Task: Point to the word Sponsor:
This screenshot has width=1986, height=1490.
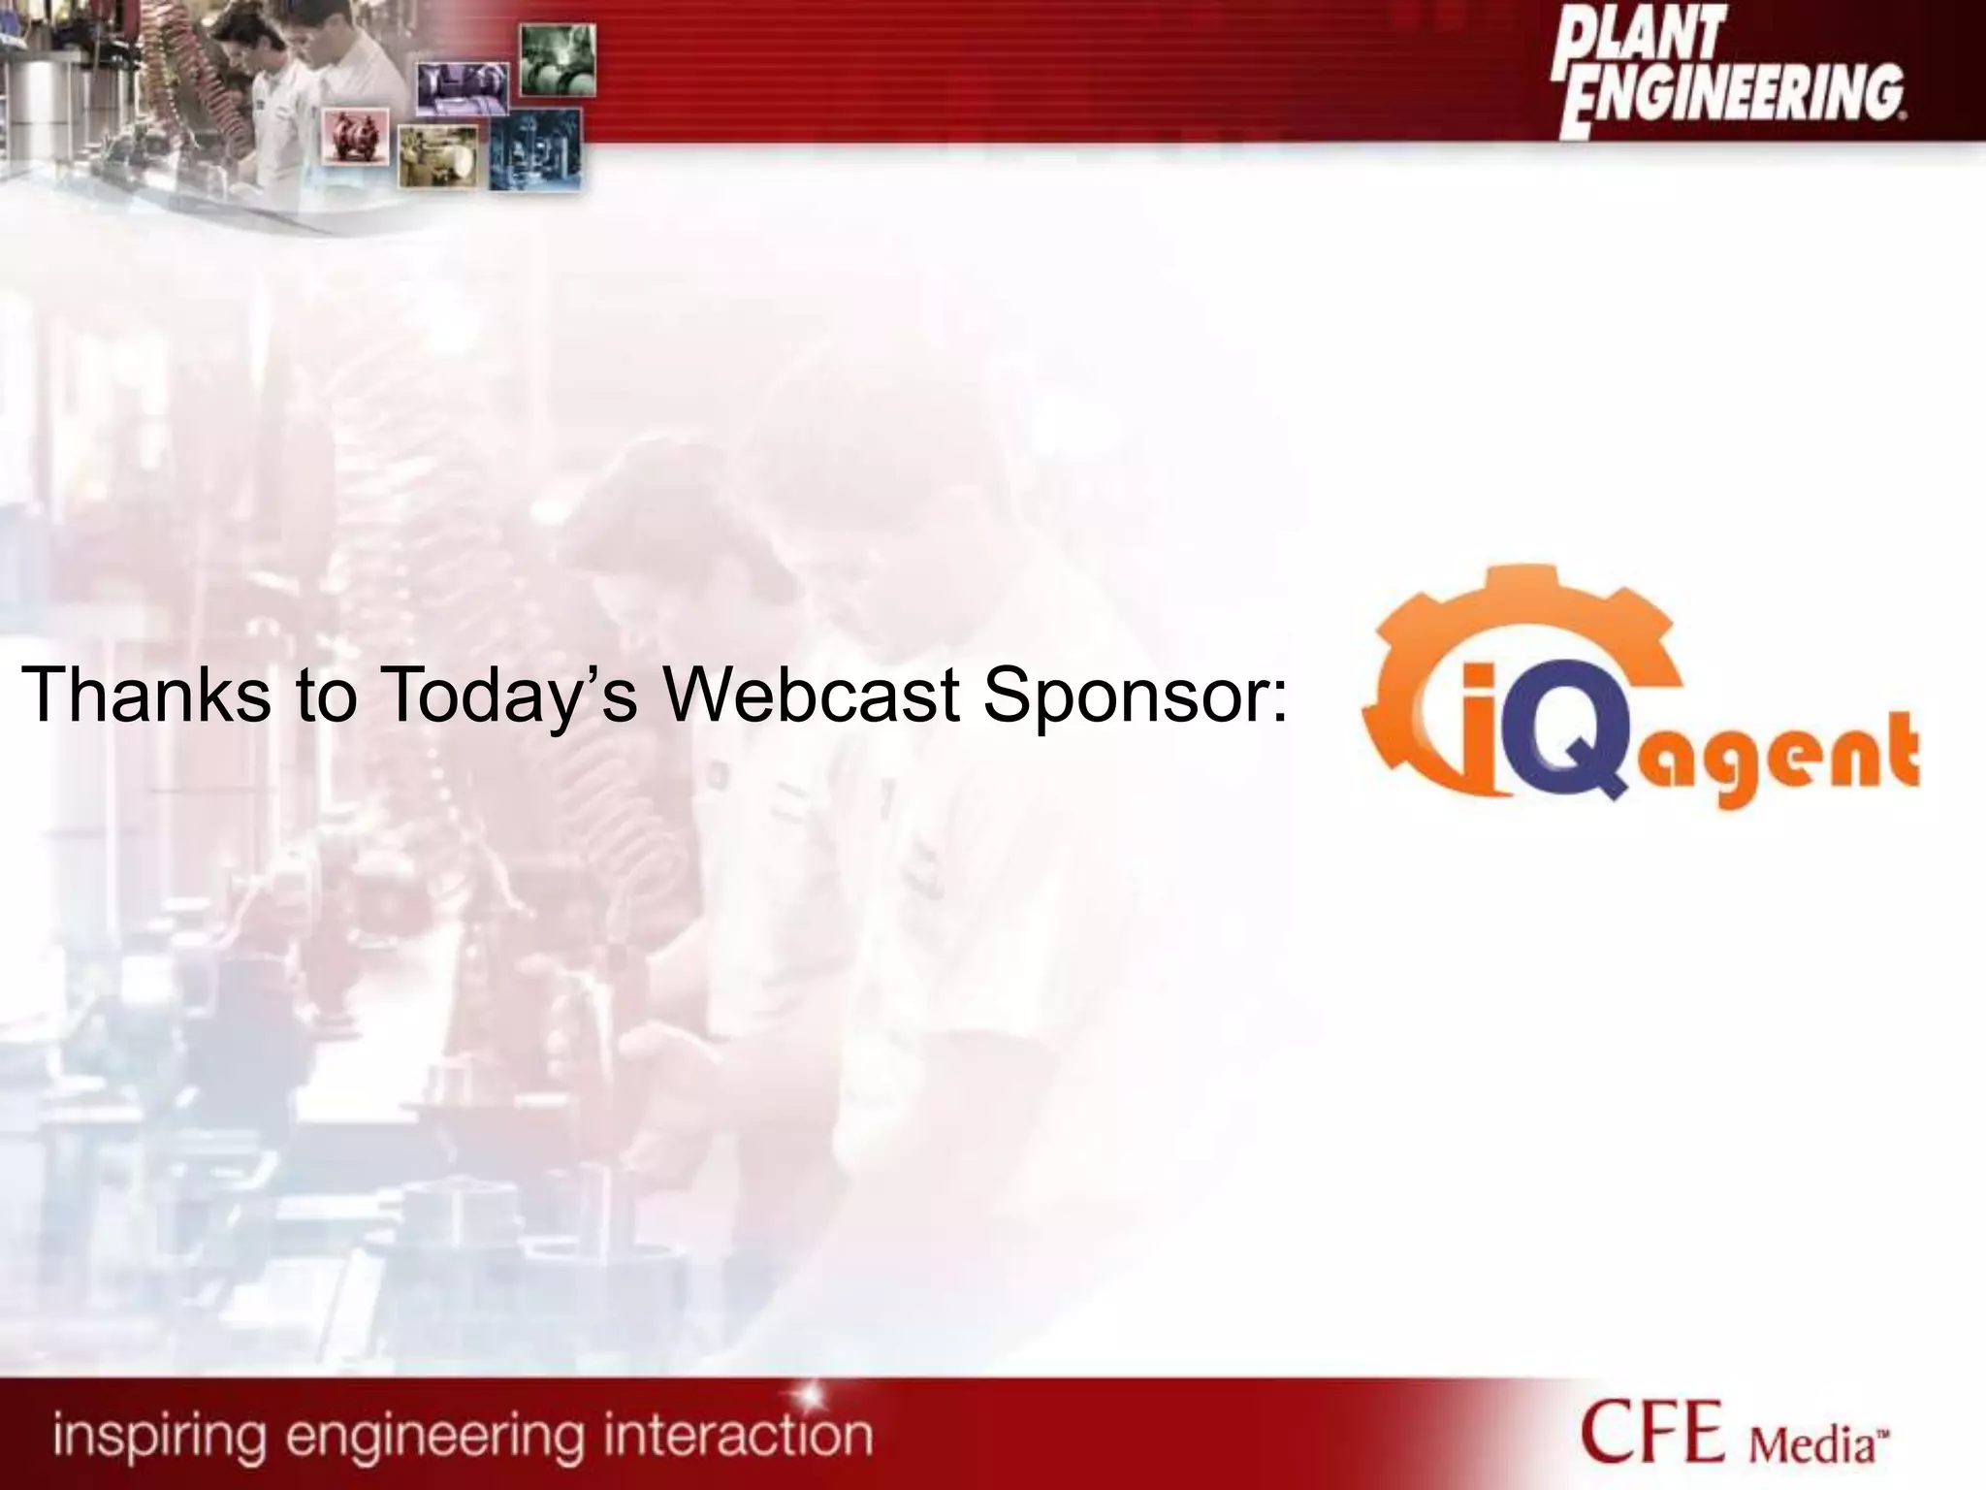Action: [x=1135, y=696]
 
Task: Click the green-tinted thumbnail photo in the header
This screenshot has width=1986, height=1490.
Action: [x=558, y=59]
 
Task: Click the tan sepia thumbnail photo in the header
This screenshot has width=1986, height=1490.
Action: [x=438, y=155]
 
